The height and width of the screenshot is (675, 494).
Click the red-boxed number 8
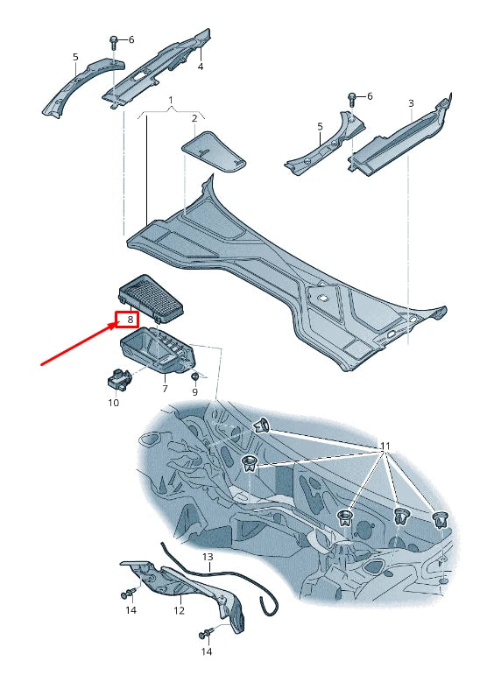tap(130, 320)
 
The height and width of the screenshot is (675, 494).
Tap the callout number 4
tap(201, 67)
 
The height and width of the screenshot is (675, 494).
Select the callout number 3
tap(411, 103)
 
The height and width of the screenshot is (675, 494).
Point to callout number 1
tap(171, 101)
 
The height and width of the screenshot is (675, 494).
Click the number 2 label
tap(194, 118)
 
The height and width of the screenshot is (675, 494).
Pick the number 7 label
tap(165, 389)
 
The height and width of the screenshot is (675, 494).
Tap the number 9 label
tap(194, 392)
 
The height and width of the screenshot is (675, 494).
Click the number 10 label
tap(113, 403)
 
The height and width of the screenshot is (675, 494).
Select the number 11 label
tap(385, 446)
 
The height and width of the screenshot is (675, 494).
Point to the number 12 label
tap(179, 610)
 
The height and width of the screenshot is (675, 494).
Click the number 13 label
tap(208, 557)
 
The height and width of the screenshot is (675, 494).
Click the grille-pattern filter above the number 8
tap(151, 298)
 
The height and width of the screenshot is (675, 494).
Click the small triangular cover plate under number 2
tap(215, 151)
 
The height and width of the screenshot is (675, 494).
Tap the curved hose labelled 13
tap(220, 577)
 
